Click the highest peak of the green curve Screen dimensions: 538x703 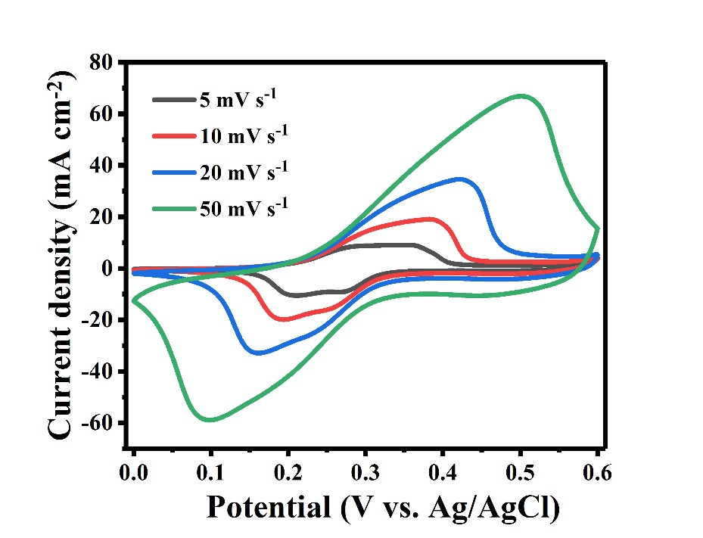(x=521, y=96)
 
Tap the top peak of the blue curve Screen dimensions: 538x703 (x=461, y=179)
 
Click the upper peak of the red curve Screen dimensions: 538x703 (x=431, y=219)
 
